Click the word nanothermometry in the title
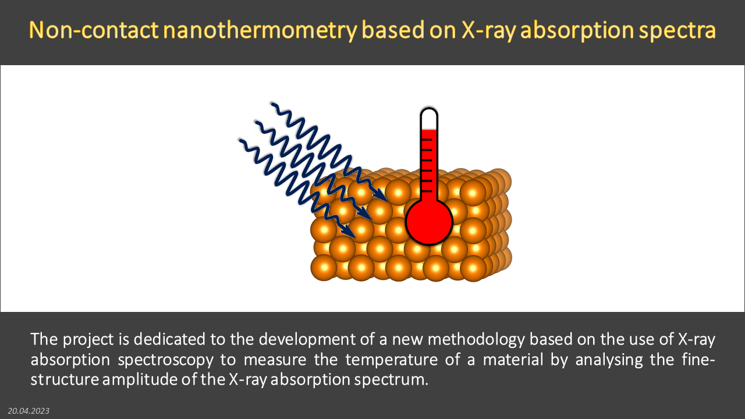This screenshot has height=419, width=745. [260, 31]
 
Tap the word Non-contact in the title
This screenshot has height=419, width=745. [94, 30]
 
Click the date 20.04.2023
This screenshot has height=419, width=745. [29, 411]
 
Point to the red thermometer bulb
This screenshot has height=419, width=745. [429, 222]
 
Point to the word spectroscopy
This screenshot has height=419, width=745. [165, 360]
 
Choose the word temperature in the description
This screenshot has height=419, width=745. [392, 360]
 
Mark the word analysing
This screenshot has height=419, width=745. [609, 360]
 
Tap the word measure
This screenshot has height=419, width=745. [275, 360]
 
